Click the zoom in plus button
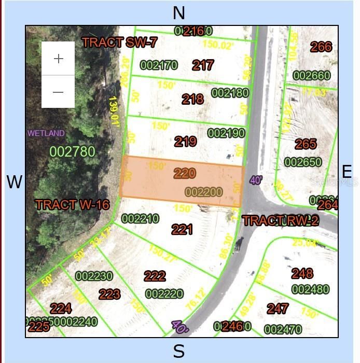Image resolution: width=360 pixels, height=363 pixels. [58, 59]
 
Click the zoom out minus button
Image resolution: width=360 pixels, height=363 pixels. [58, 92]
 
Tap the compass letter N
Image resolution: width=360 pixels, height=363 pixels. [179, 13]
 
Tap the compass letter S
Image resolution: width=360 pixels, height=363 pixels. [178, 352]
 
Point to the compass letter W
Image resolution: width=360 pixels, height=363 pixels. [15, 182]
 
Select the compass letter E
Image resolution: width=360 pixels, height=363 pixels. [347, 172]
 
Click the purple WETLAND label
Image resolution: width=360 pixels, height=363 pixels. [46, 133]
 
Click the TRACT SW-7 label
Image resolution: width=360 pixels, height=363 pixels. [119, 43]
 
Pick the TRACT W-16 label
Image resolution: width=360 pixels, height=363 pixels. [72, 204]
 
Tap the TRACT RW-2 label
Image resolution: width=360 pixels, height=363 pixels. [280, 220]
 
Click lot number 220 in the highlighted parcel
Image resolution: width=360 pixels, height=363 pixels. [185, 173]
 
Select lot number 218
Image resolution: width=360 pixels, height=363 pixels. [192, 99]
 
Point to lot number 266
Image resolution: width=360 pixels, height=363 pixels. [321, 47]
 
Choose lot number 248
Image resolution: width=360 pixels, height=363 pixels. [302, 273]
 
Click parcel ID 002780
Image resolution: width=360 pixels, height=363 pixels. [73, 151]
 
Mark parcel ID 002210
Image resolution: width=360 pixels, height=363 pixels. [140, 219]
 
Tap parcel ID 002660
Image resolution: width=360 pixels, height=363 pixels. [311, 76]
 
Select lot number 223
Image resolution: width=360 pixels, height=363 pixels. [109, 295]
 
